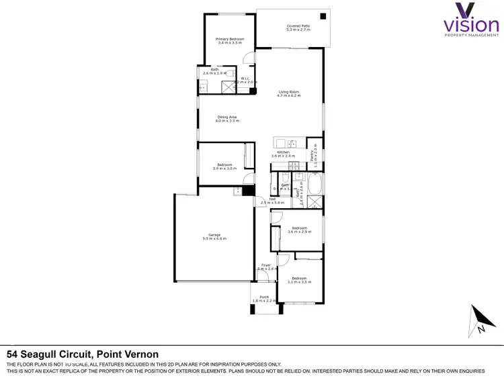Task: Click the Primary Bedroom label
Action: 230,40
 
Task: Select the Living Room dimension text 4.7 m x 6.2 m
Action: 288,96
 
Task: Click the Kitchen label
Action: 283,152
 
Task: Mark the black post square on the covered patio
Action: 323,15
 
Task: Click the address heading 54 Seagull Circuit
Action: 83,354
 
